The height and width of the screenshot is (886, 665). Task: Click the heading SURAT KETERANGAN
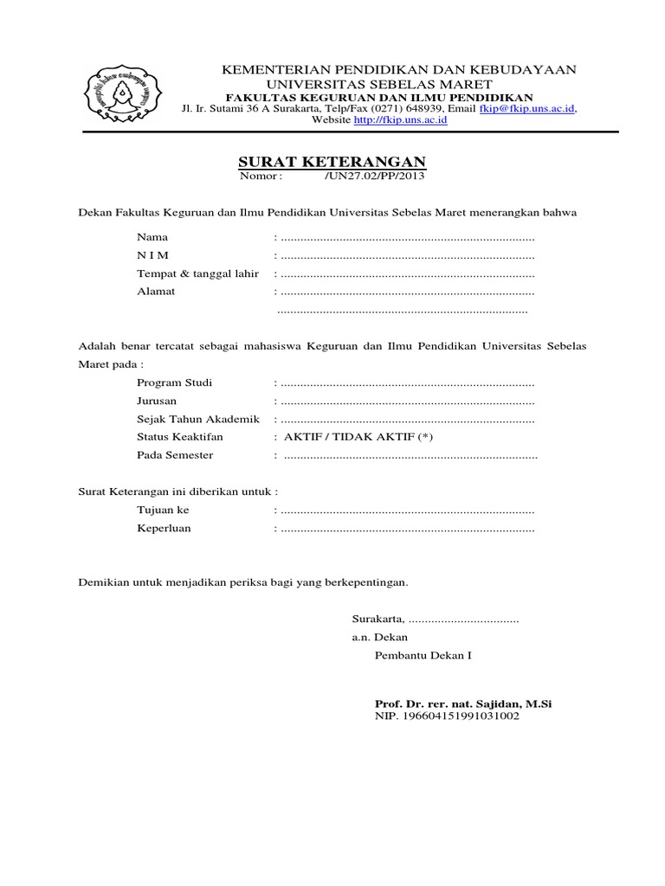[x=332, y=163]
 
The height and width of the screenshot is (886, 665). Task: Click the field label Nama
[x=152, y=236]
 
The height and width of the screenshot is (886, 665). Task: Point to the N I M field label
[x=153, y=255]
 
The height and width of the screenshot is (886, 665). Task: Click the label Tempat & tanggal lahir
[x=198, y=273]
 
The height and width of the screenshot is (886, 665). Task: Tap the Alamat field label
[x=156, y=292]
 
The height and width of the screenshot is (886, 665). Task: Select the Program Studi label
[x=174, y=382]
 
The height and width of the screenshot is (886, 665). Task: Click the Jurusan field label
[x=157, y=401]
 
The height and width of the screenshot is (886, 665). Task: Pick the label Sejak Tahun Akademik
[x=198, y=419]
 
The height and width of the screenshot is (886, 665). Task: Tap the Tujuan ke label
[x=163, y=510]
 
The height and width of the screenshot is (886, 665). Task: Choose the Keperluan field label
[x=164, y=529]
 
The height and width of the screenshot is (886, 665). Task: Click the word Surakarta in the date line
[x=378, y=620]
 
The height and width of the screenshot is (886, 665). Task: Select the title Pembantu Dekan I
[x=423, y=656]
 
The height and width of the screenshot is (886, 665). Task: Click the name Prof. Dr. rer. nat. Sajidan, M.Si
[x=463, y=704]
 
